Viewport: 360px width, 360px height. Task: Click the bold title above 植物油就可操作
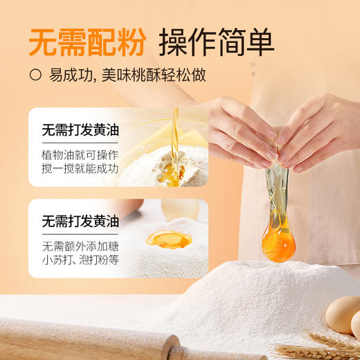80,129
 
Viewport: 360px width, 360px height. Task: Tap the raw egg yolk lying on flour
168,240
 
